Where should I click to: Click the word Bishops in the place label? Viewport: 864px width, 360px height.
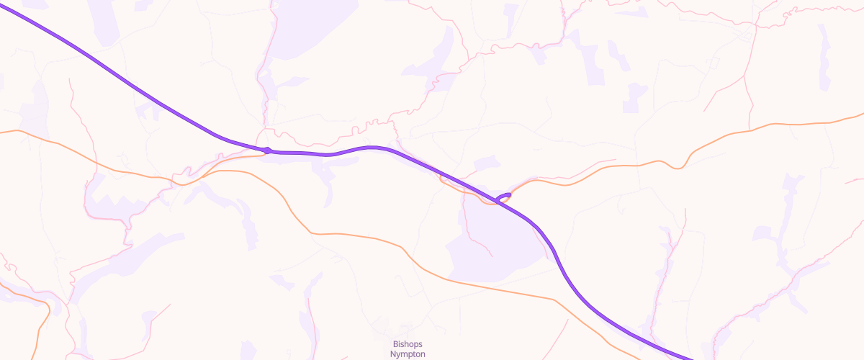point(409,344)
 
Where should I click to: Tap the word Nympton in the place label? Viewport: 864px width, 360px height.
point(408,354)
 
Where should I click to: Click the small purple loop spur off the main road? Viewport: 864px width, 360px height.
point(504,196)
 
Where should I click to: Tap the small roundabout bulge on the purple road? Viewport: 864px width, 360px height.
point(267,150)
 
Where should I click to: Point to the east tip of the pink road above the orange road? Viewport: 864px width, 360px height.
point(616,160)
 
